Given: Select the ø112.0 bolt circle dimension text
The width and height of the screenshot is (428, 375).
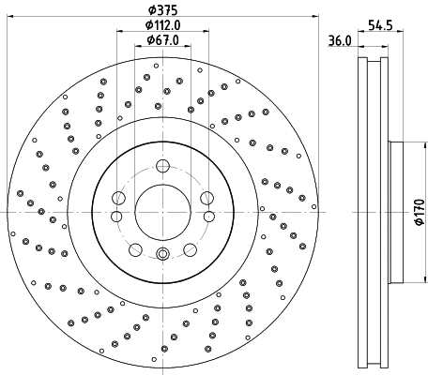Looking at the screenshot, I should pyautogui.click(x=162, y=25).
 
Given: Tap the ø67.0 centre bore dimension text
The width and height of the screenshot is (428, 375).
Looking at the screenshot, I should pyautogui.click(x=162, y=39).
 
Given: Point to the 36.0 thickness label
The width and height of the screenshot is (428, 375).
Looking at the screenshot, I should pyautogui.click(x=340, y=40).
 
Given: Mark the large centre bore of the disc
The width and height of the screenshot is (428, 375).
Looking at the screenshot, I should pyautogui.click(x=162, y=210).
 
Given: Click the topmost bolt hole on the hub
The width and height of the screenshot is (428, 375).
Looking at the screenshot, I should pyautogui.click(x=162, y=167).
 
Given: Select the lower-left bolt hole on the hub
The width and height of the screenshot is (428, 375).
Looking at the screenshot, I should pyautogui.click(x=135, y=248).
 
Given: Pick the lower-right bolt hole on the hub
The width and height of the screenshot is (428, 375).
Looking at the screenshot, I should pyautogui.click(x=190, y=248).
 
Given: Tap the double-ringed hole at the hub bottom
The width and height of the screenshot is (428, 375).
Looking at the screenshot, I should pyautogui.click(x=162, y=253).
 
